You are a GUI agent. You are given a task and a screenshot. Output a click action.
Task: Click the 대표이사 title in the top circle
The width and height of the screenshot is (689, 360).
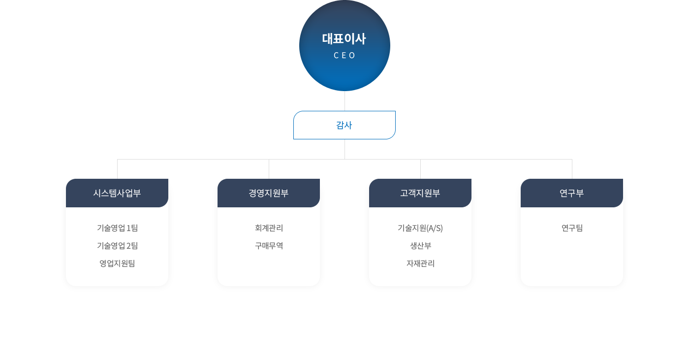click(x=344, y=39)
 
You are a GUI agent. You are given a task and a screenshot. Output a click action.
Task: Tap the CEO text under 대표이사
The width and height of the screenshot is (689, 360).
click(x=344, y=56)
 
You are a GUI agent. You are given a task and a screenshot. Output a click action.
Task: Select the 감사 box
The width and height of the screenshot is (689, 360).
click(x=344, y=125)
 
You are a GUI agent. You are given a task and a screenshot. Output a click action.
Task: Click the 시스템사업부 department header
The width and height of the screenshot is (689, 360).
click(x=117, y=193)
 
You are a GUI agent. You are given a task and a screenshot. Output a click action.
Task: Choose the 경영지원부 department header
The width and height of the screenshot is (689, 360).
click(x=269, y=193)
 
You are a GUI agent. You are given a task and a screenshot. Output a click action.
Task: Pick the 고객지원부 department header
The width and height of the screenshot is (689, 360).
click(x=420, y=193)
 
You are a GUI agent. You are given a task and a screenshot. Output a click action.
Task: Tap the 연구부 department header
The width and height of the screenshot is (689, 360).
click(x=572, y=193)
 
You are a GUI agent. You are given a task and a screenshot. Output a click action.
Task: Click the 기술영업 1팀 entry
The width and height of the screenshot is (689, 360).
click(x=117, y=228)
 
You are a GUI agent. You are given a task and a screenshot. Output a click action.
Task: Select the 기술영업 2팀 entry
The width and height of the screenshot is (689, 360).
click(x=117, y=246)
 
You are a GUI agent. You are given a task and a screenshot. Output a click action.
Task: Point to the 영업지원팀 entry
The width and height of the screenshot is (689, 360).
click(x=117, y=263)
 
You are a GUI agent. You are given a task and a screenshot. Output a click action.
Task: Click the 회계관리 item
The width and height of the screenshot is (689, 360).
click(x=269, y=228)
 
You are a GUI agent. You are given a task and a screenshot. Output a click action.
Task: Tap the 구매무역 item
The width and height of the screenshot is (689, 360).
click(x=269, y=246)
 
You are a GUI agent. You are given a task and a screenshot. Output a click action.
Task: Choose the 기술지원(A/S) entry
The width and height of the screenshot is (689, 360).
click(x=420, y=228)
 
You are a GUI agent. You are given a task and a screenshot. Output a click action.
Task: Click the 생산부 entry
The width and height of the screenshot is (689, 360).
click(x=420, y=246)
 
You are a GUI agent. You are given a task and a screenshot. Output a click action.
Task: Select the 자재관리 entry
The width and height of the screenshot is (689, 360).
click(x=420, y=263)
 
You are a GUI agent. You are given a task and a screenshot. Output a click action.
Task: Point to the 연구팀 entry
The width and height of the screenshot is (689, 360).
click(x=572, y=228)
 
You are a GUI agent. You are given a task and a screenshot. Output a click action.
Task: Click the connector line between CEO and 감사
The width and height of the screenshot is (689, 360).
click(x=344, y=101)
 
